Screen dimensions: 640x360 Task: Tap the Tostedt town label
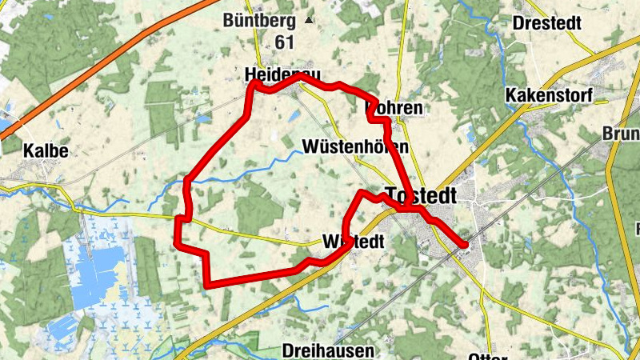coord(422,195)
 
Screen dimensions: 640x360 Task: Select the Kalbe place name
coord(45,150)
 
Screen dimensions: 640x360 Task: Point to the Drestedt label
coord(547,22)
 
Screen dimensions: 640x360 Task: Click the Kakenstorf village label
coord(549,96)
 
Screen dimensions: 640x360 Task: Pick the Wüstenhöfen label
coord(356,147)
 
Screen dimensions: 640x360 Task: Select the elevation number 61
coord(283,42)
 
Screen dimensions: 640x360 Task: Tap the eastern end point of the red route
coord(465,244)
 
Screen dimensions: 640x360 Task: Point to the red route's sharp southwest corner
coord(207,284)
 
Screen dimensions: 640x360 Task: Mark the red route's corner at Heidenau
coord(254,83)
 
